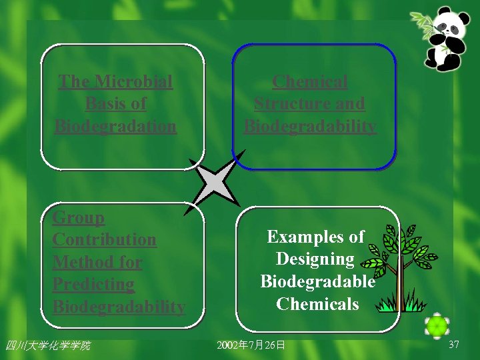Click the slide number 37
pos(454,345)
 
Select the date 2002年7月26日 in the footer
pos(251,345)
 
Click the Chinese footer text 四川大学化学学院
pos(47,345)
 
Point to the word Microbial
pos(133,82)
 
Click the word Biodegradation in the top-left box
pos(115,126)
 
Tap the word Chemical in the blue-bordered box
pos(310,82)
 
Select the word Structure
pos(287,104)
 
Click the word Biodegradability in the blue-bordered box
pos(310,126)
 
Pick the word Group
pos(79,217)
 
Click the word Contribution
pos(105,239)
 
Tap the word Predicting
pos(93,284)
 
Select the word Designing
pos(315,259)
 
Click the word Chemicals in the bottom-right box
pos(317,304)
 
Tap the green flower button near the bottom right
pos(437,326)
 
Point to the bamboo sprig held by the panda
pos(423,23)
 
